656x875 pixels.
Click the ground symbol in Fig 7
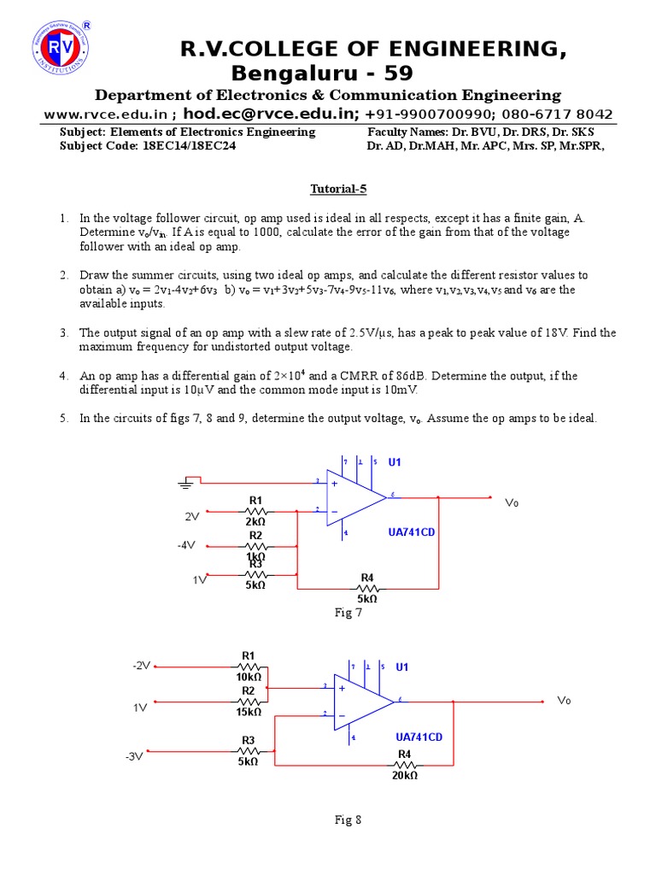click(185, 484)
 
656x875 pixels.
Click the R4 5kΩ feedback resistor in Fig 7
click(367, 588)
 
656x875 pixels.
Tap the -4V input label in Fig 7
click(187, 544)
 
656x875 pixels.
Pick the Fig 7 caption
click(348, 613)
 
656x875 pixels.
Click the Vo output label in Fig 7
click(512, 502)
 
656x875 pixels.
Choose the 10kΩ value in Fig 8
click(249, 677)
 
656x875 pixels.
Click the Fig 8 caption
click(348, 820)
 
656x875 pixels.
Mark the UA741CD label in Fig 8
click(419, 736)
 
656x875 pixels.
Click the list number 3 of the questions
click(63, 332)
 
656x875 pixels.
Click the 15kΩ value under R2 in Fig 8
click(249, 711)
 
